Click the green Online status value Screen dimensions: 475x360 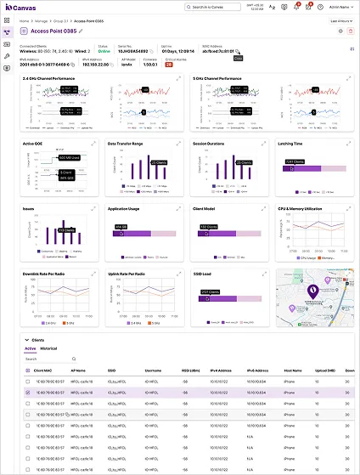tap(103, 50)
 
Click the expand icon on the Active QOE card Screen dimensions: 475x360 tap(93, 144)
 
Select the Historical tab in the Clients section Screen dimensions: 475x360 tap(48, 348)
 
